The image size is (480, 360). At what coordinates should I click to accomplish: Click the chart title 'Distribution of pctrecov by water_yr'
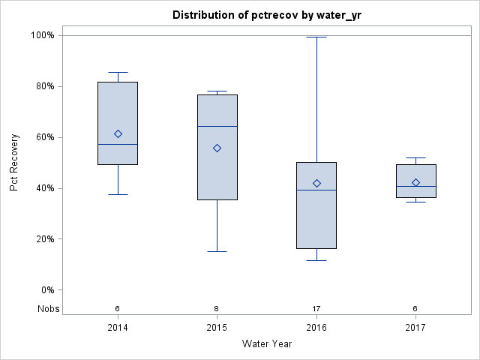pyautogui.click(x=267, y=15)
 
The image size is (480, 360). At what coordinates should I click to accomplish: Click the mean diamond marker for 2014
pyautogui.click(x=118, y=133)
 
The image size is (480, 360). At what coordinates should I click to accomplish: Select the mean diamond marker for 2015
pyautogui.click(x=217, y=148)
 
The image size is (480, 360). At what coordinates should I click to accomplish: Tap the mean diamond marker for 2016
pyautogui.click(x=316, y=183)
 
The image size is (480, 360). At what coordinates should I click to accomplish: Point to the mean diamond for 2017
pyautogui.click(x=415, y=182)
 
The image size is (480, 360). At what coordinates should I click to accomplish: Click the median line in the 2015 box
pyautogui.click(x=217, y=126)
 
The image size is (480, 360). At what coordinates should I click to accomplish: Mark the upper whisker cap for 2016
pyautogui.click(x=316, y=37)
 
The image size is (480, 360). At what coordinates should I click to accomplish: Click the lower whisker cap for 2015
pyautogui.click(x=217, y=251)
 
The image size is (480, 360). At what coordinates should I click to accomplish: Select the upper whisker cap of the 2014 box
pyautogui.click(x=118, y=72)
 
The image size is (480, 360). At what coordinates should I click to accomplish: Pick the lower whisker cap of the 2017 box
pyautogui.click(x=415, y=202)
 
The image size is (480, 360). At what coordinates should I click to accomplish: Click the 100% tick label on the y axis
pyautogui.click(x=42, y=35)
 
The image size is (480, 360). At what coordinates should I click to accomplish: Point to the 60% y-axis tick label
pyautogui.click(x=44, y=137)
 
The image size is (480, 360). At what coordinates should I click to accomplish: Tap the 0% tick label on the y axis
pyautogui.click(x=46, y=290)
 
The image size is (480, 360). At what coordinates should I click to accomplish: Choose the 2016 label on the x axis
pyautogui.click(x=316, y=328)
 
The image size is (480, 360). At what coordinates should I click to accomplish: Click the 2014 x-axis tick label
pyautogui.click(x=118, y=328)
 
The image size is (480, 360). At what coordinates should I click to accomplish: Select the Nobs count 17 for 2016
pyautogui.click(x=316, y=308)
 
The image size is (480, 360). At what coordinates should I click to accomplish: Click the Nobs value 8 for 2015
pyautogui.click(x=217, y=308)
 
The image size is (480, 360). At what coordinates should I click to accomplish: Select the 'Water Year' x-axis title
pyautogui.click(x=267, y=344)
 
